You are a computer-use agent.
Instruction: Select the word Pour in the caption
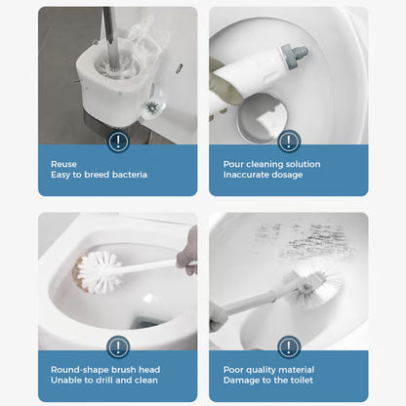click(233, 165)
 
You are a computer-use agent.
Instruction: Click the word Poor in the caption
click(233, 370)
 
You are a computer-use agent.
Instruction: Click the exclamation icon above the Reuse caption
click(118, 142)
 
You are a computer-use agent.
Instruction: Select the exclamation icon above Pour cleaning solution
click(289, 142)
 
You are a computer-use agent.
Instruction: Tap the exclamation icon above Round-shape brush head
click(118, 346)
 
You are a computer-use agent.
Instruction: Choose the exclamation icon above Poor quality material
click(289, 346)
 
